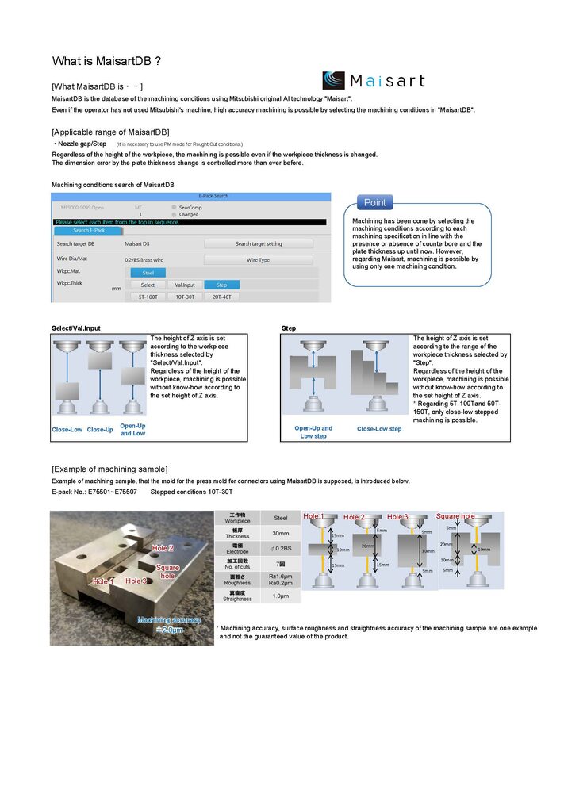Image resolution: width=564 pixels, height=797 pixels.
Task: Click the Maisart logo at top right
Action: tap(373, 80)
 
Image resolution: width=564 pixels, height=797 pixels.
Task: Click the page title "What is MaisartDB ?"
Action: tap(107, 61)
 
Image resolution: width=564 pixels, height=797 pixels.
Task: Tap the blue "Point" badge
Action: tap(374, 202)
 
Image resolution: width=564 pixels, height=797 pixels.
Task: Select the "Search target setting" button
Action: tap(258, 243)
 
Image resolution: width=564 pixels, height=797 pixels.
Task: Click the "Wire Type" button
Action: tap(258, 259)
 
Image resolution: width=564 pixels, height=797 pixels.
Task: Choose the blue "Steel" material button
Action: tap(148, 272)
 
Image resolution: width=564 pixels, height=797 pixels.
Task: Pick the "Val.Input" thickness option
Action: tap(185, 285)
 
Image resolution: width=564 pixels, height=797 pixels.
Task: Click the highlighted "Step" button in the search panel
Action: tap(221, 285)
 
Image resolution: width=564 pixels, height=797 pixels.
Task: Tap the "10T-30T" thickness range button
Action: tap(185, 297)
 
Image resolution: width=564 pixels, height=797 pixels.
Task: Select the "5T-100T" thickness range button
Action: tap(148, 297)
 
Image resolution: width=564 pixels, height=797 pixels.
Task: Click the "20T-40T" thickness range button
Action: tap(221, 297)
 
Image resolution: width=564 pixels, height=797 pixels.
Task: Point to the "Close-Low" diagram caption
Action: tap(67, 430)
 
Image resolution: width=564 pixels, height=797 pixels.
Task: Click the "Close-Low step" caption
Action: tap(379, 429)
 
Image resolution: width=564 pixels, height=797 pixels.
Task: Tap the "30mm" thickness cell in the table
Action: tap(281, 533)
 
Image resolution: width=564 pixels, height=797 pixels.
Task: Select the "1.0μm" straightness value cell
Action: tap(281, 596)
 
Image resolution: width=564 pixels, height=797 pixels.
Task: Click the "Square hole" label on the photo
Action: tap(167, 572)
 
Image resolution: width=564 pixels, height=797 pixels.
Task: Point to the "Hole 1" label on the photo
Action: tap(103, 581)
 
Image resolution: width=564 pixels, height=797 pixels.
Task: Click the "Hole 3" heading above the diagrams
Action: tap(398, 517)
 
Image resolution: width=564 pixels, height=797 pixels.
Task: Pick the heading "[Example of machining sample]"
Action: tap(109, 469)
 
